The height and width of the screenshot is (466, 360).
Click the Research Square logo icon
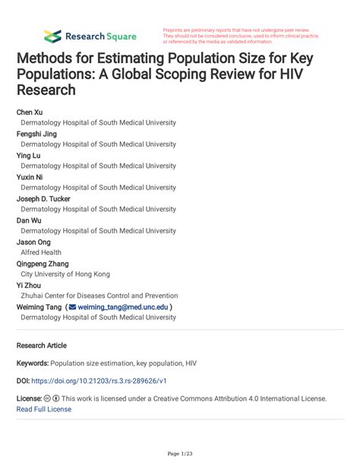[x=52, y=35]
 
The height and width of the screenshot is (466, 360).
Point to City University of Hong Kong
[x=65, y=274]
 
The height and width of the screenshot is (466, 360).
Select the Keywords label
[x=36, y=363]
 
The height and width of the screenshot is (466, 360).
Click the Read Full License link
[x=44, y=409]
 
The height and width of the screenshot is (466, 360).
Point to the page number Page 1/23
[x=180, y=454]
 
